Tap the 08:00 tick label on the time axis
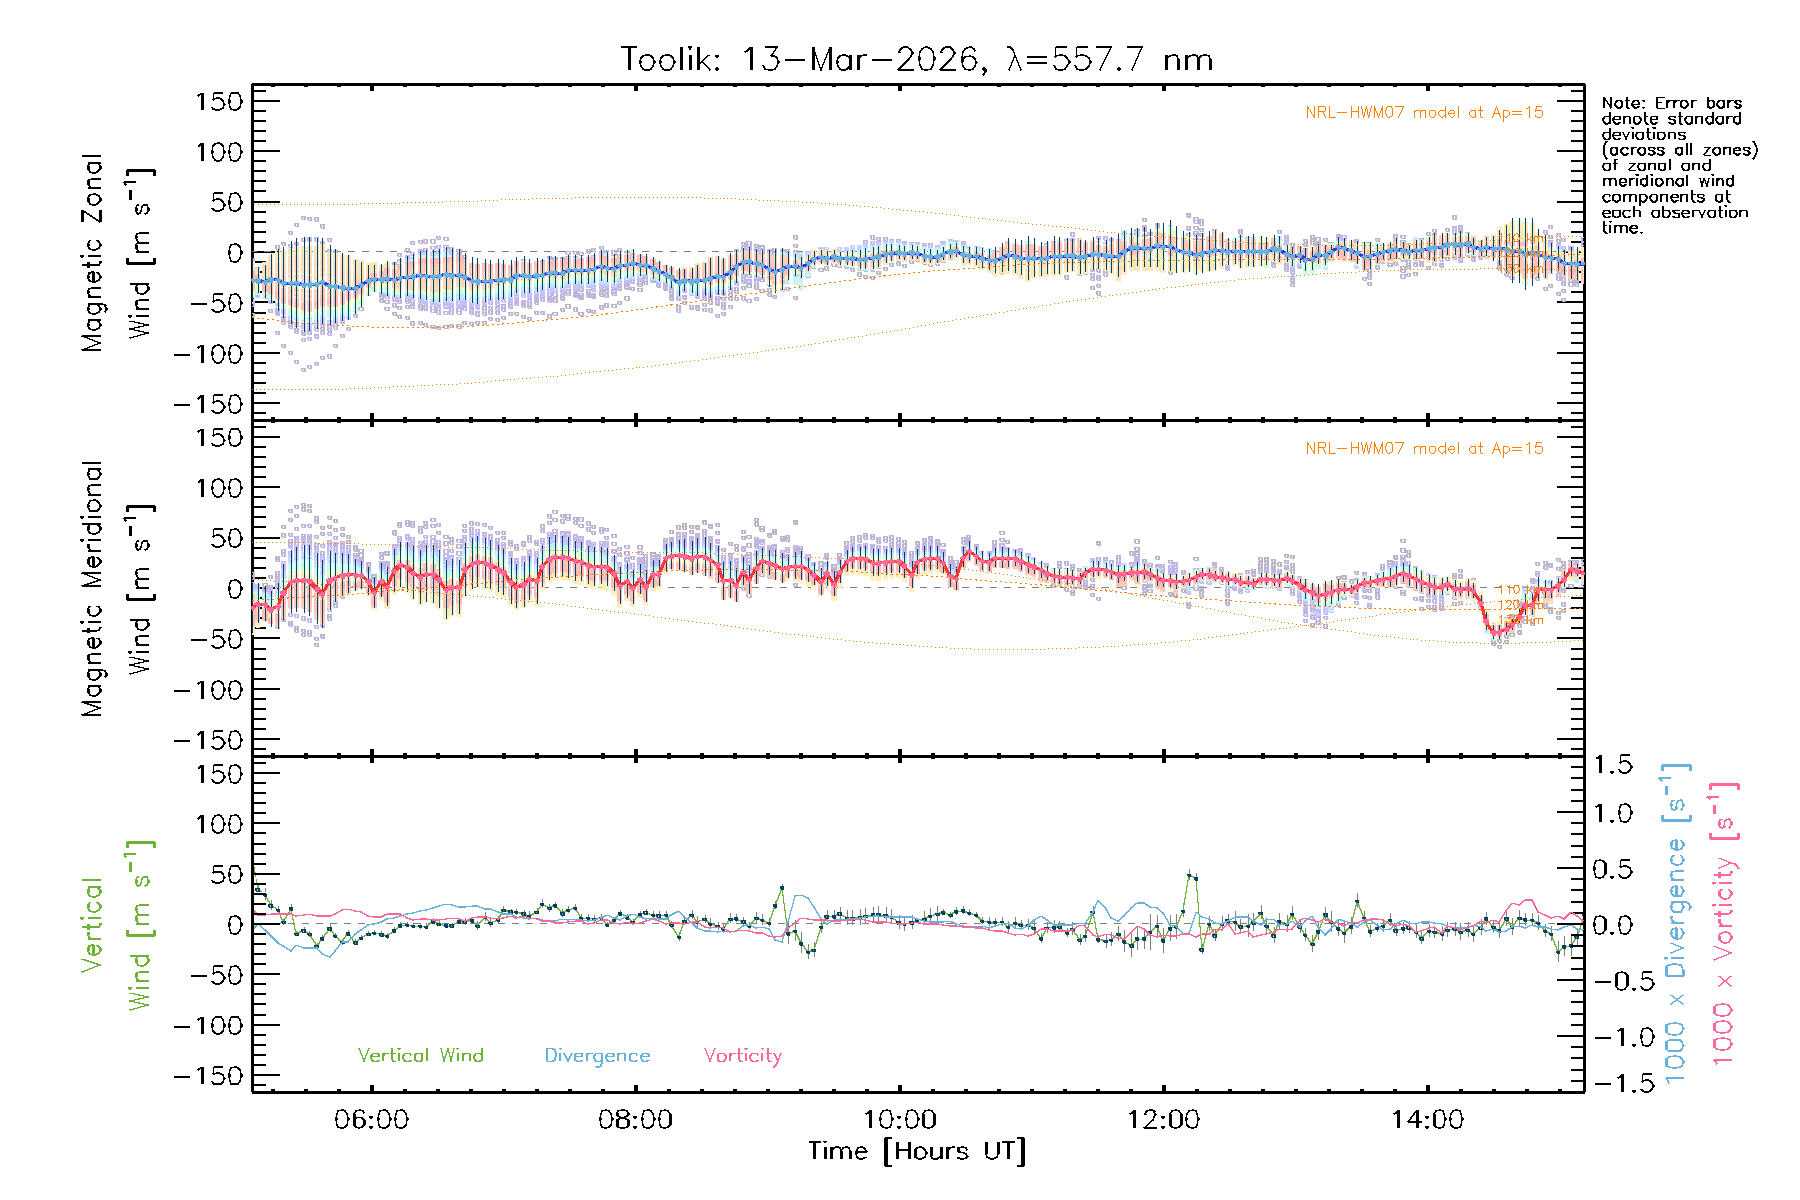[x=635, y=1120]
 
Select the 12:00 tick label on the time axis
[x=1163, y=1120]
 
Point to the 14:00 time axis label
[x=1427, y=1120]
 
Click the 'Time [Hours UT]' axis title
[x=916, y=1152]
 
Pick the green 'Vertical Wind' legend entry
[x=420, y=1056]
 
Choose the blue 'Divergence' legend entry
[x=597, y=1056]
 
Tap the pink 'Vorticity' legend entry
[x=742, y=1056]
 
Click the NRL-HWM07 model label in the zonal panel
[x=1424, y=113]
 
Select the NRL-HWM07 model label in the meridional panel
[x=1424, y=449]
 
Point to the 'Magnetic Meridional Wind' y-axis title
[x=118, y=589]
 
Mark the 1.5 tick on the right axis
[x=1613, y=765]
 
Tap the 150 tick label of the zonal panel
[x=219, y=101]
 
